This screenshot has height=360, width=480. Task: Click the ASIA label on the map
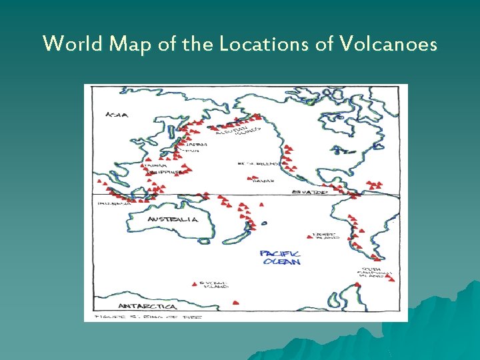[x=117, y=115]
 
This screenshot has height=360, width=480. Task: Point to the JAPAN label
[x=196, y=144]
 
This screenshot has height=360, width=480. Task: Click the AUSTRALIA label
[x=173, y=219]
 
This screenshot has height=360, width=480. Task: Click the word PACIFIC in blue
[x=280, y=254]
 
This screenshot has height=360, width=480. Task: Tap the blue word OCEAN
[x=282, y=262]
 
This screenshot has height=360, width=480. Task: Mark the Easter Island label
[x=327, y=237]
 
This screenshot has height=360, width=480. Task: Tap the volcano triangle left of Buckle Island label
[x=194, y=283]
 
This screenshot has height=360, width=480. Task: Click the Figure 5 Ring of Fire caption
[x=148, y=316]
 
